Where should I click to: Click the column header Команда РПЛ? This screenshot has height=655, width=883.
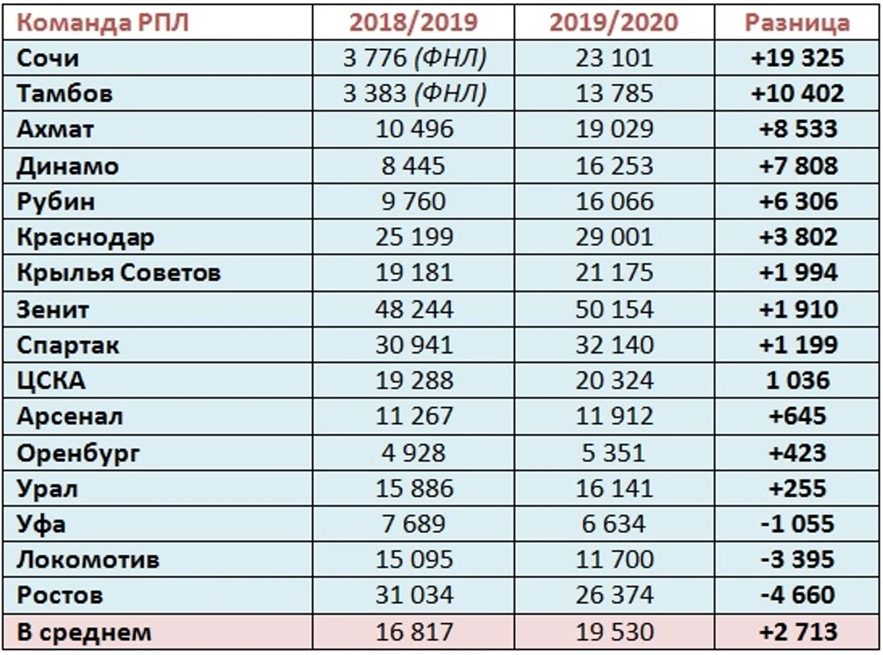[103, 22]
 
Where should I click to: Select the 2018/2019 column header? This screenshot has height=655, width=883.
[414, 22]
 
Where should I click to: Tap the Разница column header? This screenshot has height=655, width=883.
[797, 22]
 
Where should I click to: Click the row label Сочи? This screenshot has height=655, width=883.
[48, 58]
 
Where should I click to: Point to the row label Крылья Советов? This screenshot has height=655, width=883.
[119, 273]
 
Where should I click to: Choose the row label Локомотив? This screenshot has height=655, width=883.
[88, 560]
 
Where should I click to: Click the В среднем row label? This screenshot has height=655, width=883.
[84, 632]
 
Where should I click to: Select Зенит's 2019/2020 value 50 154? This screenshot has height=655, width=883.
[614, 309]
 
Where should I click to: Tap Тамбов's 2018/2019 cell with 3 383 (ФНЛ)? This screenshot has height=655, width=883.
[414, 93]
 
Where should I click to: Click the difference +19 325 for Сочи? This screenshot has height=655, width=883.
[797, 58]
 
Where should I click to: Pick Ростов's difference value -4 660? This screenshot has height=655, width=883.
[798, 595]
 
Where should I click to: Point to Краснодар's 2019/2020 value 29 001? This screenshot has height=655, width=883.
[614, 237]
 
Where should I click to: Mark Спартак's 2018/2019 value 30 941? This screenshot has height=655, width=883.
[414, 345]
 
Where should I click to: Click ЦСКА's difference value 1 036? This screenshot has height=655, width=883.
[798, 381]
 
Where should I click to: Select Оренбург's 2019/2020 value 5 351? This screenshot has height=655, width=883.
[614, 453]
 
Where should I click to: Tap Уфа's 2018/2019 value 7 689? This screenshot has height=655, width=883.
[414, 524]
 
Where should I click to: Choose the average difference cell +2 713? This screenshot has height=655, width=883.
[798, 632]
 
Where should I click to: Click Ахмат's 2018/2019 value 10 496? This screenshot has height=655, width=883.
[414, 129]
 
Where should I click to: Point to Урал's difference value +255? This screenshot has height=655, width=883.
[798, 488]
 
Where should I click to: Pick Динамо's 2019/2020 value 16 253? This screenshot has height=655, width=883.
[614, 166]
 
